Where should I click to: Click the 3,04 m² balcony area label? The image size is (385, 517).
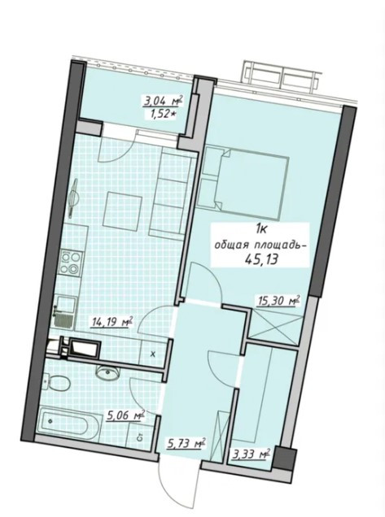point(163,100)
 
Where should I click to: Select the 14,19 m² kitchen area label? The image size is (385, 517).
point(113,321)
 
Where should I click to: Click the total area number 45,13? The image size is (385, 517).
point(260,259)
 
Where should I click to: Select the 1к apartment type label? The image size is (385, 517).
point(260,229)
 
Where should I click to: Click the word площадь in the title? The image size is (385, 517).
point(280,245)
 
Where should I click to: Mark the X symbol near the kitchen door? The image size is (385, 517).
point(152,354)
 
